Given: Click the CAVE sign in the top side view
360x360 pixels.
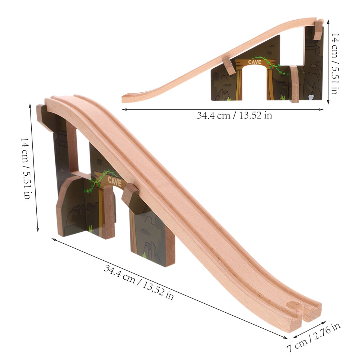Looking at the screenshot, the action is tap(255, 62).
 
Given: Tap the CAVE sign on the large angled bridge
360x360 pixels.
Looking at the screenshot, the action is tap(115, 181).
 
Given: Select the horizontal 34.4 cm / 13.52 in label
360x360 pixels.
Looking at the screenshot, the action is tap(235, 115).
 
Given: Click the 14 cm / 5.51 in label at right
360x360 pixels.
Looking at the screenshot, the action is tap(335, 64).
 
